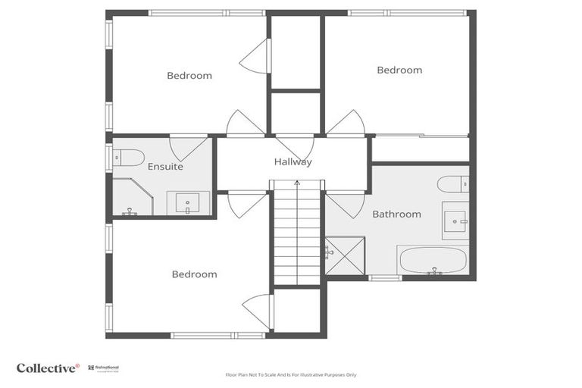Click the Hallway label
(x=293, y=161)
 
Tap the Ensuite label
(x=165, y=166)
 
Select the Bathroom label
(x=396, y=214)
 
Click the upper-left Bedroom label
(x=189, y=75)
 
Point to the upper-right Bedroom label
(x=399, y=70)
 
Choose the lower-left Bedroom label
(x=194, y=274)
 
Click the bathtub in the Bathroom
(x=432, y=260)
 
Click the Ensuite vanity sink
(x=187, y=203)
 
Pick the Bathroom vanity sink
(x=455, y=220)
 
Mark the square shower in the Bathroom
(x=344, y=255)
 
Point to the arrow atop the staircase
(x=297, y=183)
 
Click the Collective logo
(x=48, y=368)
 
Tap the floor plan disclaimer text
(x=290, y=374)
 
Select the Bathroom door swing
(x=346, y=204)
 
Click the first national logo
(x=105, y=368)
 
